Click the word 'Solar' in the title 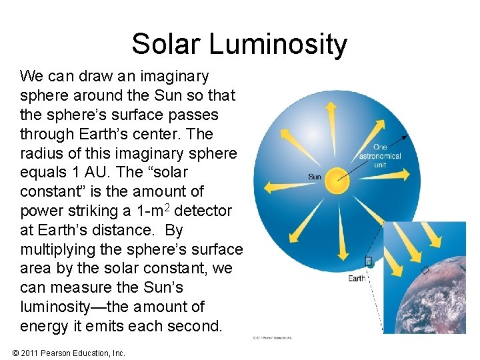click(167, 44)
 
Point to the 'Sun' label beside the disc click(315, 177)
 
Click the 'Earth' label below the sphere click(357, 278)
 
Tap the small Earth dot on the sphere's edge click(371, 264)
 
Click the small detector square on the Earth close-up click(425, 271)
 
